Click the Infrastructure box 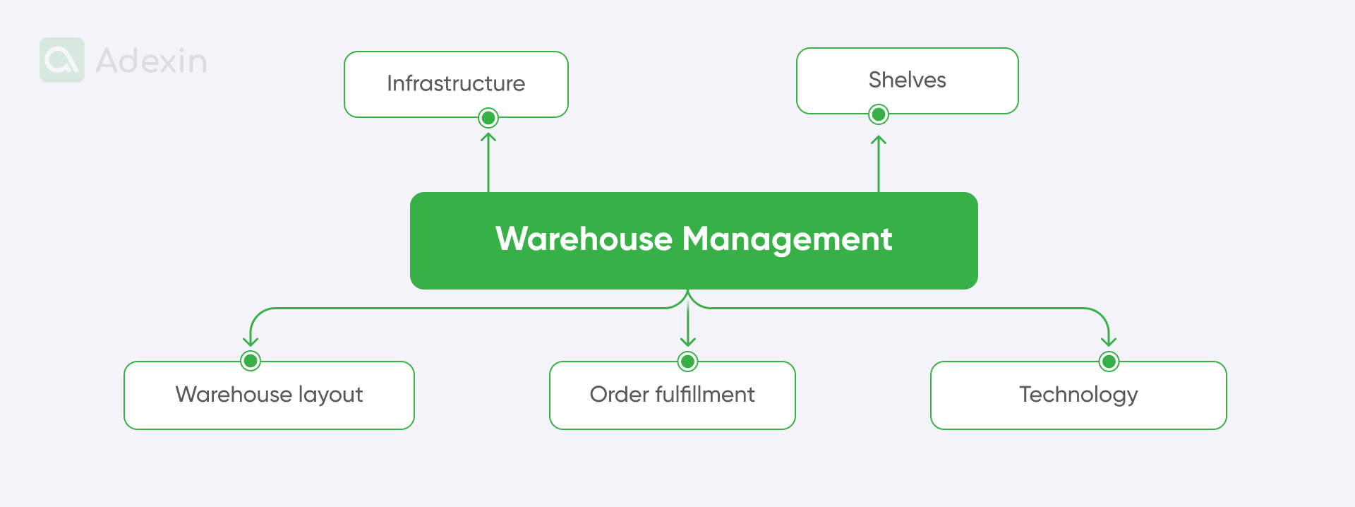456,84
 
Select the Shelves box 908,80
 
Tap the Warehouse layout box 269,395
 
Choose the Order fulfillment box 673,395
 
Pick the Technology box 1078,395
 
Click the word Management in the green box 788,240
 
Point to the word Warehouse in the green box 584,239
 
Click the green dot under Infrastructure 488,118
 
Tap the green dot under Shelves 879,114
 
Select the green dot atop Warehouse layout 251,361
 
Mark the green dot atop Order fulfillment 688,362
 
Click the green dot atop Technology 1109,362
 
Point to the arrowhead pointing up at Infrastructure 488,137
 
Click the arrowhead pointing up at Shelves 879,140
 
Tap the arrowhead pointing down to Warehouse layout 251,342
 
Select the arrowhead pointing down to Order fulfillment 688,342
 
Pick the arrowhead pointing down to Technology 1109,342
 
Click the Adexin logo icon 62,60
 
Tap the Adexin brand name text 151,61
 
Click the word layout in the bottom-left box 330,395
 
